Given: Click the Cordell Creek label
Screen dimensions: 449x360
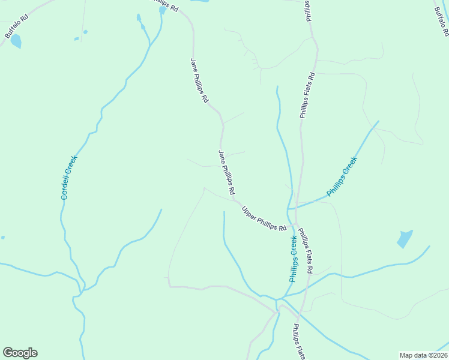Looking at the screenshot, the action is pyautogui.click(x=69, y=177).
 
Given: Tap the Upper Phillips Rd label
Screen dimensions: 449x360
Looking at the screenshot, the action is pyautogui.click(x=264, y=218).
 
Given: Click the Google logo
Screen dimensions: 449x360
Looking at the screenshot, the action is pyautogui.click(x=20, y=353).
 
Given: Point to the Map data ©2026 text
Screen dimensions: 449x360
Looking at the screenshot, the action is pyautogui.click(x=423, y=355).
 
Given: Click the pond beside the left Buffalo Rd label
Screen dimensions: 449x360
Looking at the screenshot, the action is pyautogui.click(x=16, y=41).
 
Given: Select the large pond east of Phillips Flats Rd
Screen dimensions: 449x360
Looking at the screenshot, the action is pyautogui.click(x=405, y=238).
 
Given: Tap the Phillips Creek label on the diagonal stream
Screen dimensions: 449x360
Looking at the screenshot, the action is pyautogui.click(x=342, y=176).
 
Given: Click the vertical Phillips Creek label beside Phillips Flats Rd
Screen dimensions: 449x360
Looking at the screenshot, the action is pyautogui.click(x=294, y=259).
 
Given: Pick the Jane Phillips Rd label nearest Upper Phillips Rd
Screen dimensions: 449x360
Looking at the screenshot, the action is pyautogui.click(x=226, y=172).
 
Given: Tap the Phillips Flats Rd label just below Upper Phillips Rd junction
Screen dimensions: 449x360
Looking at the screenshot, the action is pyautogui.click(x=306, y=250).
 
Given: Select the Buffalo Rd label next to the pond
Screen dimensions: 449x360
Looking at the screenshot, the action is pyautogui.click(x=16, y=28).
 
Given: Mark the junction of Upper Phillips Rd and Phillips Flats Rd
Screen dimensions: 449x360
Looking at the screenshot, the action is pyautogui.click(x=294, y=226).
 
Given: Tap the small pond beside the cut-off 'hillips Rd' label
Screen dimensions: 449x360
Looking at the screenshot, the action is pyautogui.click(x=162, y=10).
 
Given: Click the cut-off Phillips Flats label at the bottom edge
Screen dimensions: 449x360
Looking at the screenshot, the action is pyautogui.click(x=299, y=342).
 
